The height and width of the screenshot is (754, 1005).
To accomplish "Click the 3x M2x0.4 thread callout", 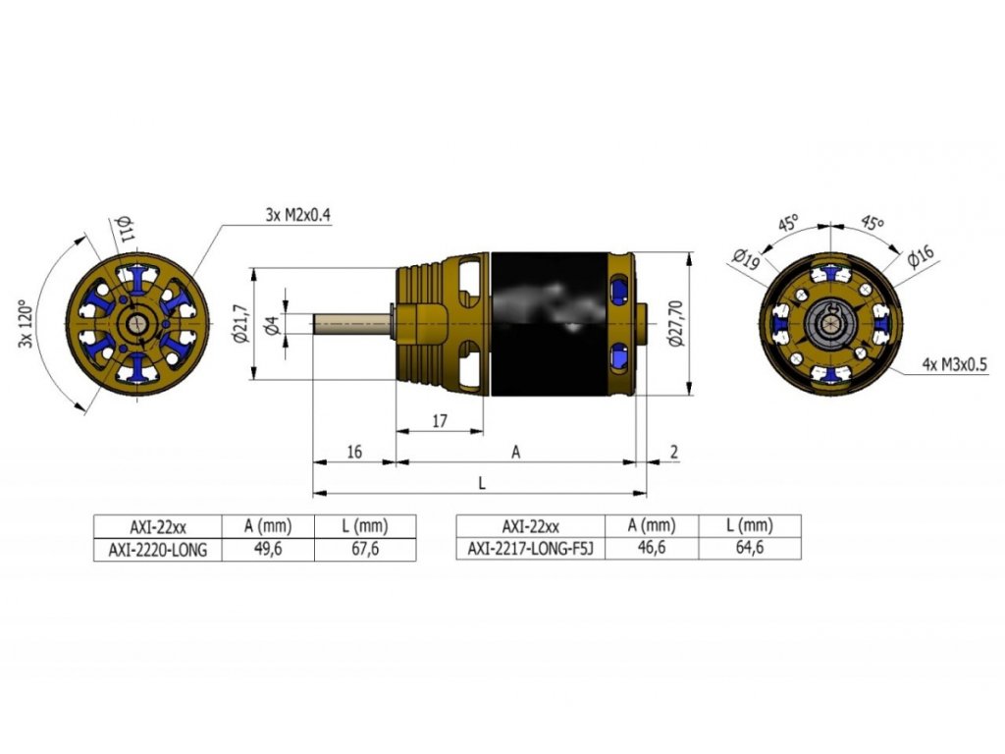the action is tap(297, 215).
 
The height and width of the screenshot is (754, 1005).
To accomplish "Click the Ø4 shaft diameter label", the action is tap(273, 323).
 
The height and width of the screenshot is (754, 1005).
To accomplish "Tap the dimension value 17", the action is tap(440, 421).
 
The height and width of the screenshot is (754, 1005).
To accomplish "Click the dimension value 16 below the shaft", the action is tap(354, 452).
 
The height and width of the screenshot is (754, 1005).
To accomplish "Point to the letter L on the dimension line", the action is tap(481, 483).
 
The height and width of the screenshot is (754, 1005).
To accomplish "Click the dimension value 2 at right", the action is tap(674, 452).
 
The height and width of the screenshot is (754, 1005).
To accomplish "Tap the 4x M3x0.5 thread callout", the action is tap(954, 364).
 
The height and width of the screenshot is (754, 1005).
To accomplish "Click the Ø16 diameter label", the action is tap(920, 257).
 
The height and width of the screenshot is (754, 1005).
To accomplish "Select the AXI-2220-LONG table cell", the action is tap(158, 550).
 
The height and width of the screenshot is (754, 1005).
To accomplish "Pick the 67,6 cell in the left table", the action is tap(364, 550).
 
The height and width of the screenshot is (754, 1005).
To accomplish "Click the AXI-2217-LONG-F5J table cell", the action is tap(531, 550).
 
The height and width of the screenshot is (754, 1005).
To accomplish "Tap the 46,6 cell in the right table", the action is tap(652, 550).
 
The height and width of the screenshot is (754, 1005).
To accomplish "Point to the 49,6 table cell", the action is tap(268, 550).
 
